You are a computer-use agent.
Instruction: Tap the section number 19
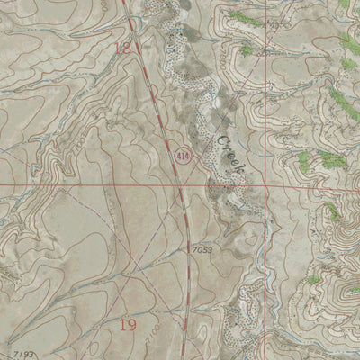click(128, 323)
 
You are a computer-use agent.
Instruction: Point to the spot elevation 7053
click(202, 249)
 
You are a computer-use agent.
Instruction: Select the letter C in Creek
click(220, 140)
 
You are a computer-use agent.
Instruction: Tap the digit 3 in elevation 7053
click(210, 249)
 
